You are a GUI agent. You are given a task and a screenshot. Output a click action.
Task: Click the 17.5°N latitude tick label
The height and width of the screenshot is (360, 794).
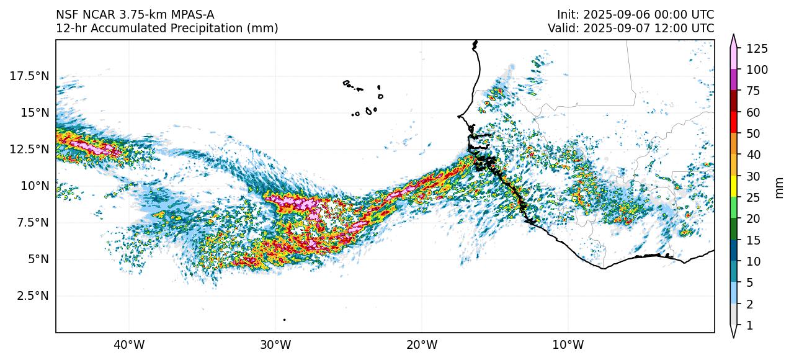coord(30,76)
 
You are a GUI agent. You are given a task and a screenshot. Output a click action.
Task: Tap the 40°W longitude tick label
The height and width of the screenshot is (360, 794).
coord(129,344)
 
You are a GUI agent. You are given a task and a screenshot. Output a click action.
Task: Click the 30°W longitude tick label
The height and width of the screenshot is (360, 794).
coord(275,344)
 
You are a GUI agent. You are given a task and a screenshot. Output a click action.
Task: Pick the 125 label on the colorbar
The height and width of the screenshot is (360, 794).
coord(757,48)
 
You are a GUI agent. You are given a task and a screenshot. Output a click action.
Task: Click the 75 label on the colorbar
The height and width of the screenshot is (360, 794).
coord(754,91)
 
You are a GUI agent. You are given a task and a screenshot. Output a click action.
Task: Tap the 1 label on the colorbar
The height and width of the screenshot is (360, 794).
coord(749,325)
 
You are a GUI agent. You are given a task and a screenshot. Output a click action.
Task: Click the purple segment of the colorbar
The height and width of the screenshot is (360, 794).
coord(733,80)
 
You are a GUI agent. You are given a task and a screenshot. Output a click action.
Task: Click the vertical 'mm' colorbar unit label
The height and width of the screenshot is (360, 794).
coord(780,187)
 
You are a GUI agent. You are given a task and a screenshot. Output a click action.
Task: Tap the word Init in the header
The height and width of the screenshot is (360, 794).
coord(568,14)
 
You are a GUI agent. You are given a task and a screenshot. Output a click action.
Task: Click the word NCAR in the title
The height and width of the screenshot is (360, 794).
coord(93,14)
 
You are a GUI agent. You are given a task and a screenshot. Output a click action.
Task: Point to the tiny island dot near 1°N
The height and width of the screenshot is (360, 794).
coord(284,320)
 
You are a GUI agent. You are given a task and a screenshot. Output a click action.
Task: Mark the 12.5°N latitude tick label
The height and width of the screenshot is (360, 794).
coord(30,149)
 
